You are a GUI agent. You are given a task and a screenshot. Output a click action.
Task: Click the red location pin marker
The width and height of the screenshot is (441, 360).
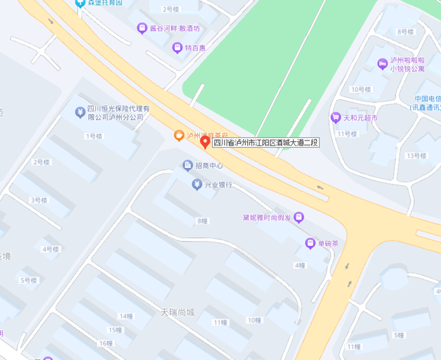205,142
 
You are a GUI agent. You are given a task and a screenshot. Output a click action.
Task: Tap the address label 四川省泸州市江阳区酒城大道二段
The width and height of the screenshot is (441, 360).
265,143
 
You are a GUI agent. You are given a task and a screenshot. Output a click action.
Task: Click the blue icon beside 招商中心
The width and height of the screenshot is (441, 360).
187,165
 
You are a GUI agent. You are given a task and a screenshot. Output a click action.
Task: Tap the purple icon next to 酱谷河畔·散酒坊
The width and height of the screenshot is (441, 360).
141,29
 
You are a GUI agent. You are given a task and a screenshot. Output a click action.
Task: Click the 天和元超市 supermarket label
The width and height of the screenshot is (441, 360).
365,118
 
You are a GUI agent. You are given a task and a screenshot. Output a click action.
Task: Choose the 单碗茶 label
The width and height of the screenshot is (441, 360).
327,243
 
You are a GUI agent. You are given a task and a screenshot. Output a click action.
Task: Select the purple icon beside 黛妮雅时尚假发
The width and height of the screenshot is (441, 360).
298,218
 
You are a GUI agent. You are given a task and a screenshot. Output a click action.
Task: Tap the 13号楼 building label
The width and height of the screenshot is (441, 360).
416,156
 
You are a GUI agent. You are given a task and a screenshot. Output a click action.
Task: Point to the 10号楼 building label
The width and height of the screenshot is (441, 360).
360,89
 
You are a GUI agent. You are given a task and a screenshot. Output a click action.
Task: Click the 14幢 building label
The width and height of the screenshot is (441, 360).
125,316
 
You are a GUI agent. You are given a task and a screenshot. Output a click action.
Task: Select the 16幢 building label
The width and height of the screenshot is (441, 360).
105,343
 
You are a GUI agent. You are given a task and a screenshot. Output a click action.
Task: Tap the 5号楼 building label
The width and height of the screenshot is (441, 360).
29,280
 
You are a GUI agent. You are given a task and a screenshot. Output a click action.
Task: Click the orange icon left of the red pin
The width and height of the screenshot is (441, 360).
178,135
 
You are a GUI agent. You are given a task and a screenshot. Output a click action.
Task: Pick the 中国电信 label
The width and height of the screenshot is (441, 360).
428,98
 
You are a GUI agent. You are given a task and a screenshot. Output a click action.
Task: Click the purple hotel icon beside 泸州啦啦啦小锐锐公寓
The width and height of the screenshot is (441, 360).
382,63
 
